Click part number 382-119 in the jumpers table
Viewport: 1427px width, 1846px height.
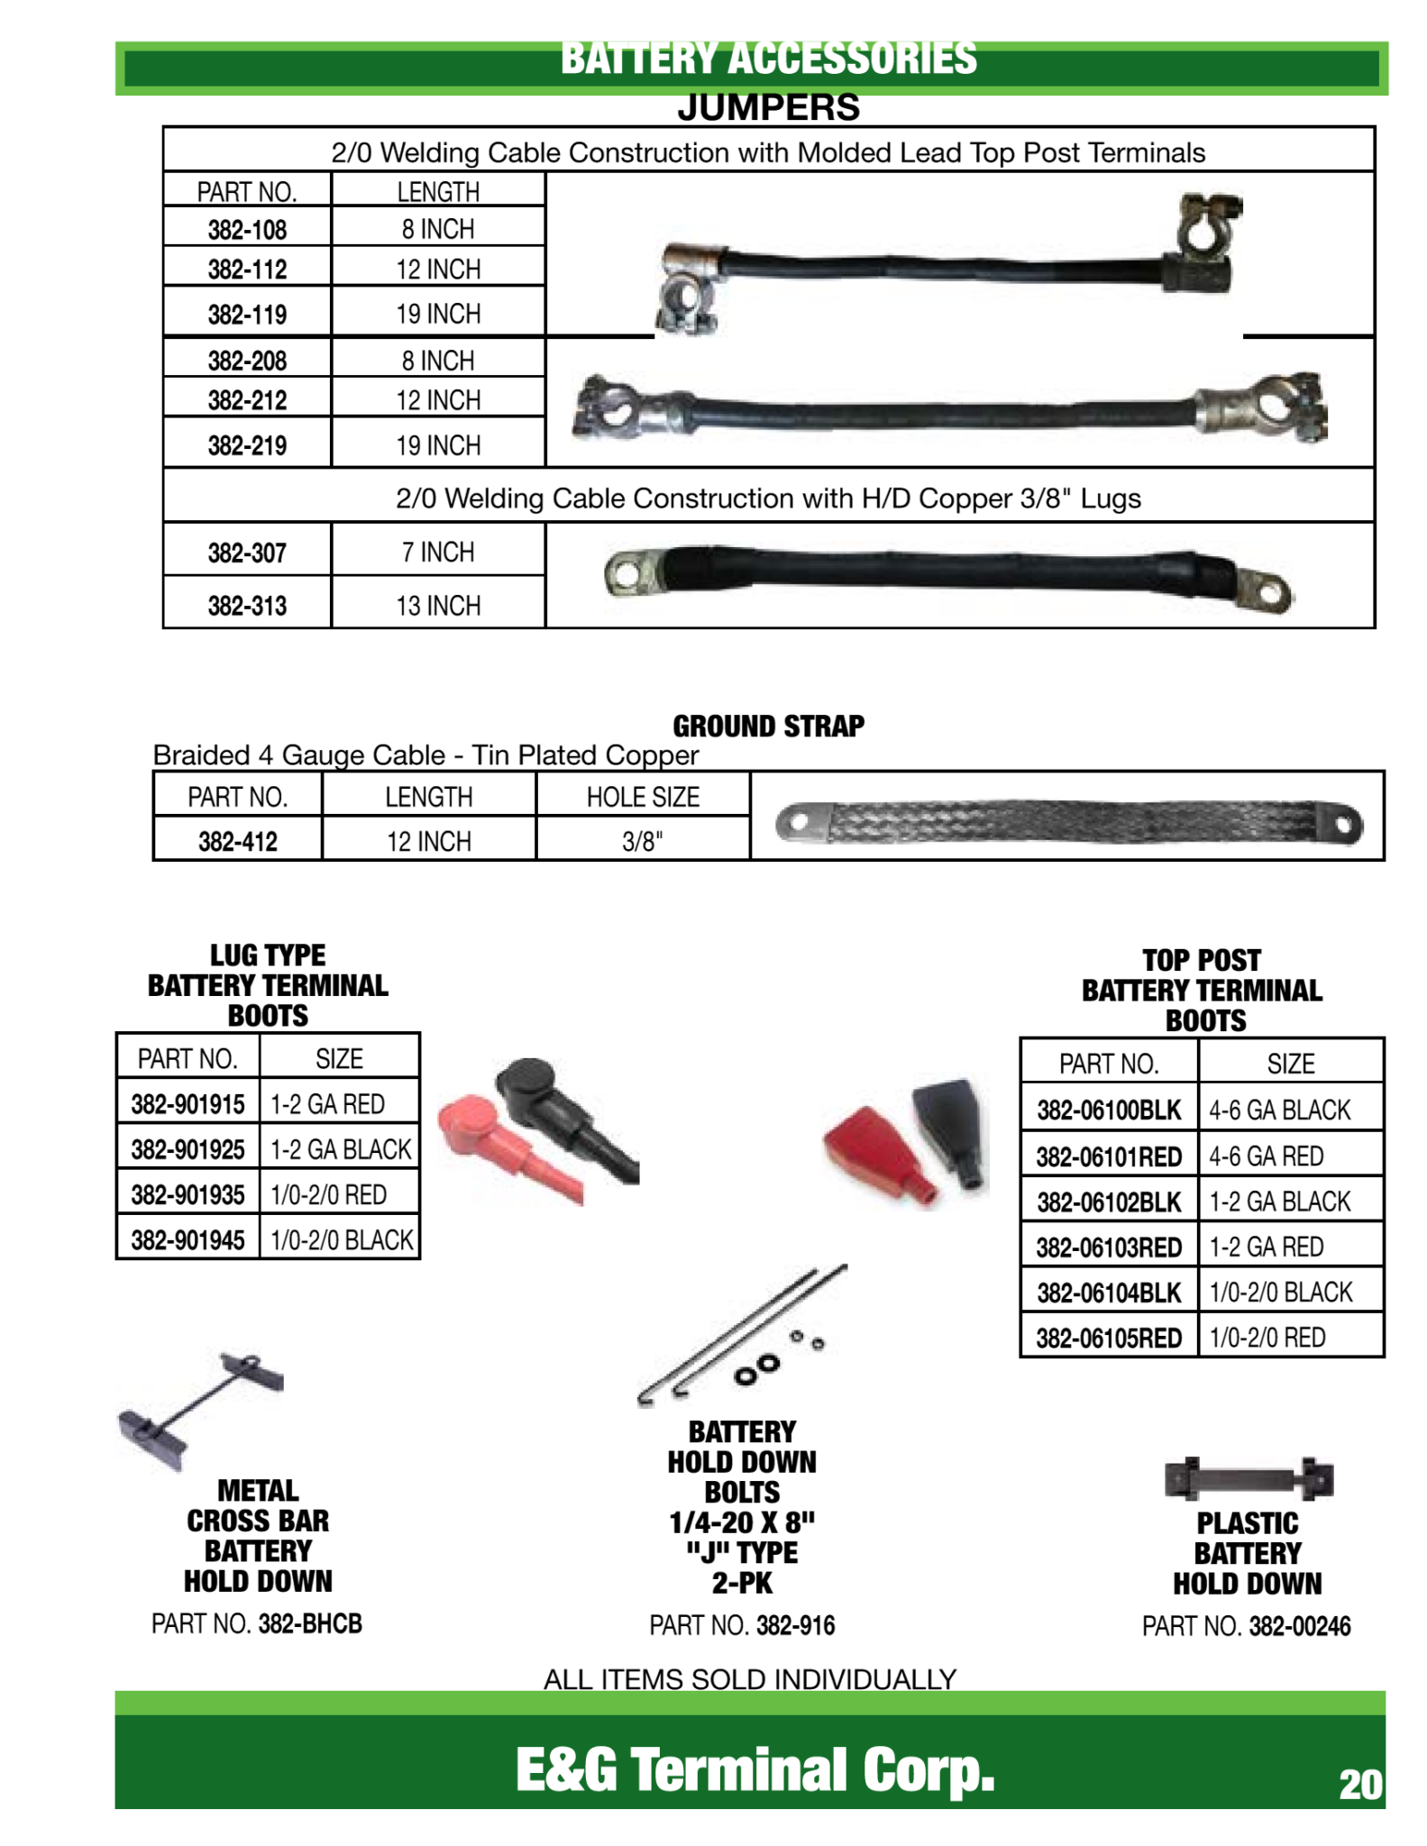tap(247, 315)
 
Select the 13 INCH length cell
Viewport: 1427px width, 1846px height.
tap(438, 605)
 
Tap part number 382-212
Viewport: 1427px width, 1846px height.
tap(247, 400)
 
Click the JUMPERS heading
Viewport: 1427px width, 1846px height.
tap(768, 108)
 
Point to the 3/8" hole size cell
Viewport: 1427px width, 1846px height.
tap(642, 841)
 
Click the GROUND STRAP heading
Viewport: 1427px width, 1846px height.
tap(768, 726)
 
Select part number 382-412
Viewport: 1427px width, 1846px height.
tap(237, 841)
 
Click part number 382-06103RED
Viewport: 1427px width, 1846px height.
tap(1108, 1247)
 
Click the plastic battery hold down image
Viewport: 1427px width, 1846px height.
tap(1248, 1478)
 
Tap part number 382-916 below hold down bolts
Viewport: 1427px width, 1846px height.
tap(795, 1626)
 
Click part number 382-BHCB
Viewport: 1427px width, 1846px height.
tap(310, 1624)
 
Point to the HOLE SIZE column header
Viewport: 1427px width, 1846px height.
tap(642, 797)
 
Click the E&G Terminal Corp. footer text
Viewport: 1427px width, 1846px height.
tap(754, 1768)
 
